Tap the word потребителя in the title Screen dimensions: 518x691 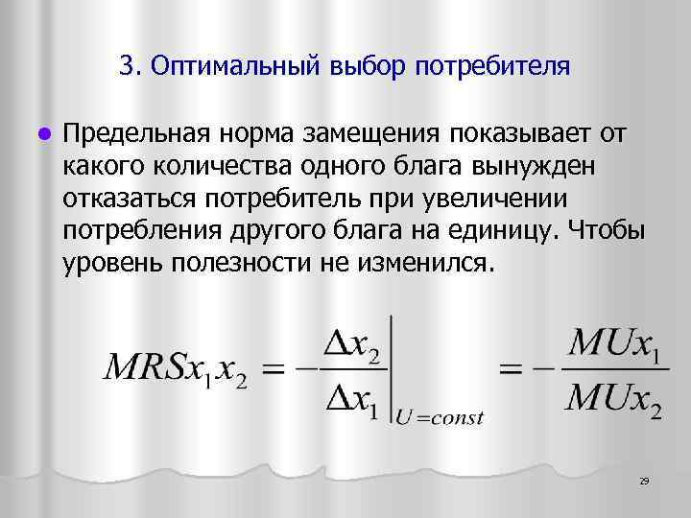click(x=492, y=66)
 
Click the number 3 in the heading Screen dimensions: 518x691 click(x=128, y=66)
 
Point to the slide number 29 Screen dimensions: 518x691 click(x=644, y=481)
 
